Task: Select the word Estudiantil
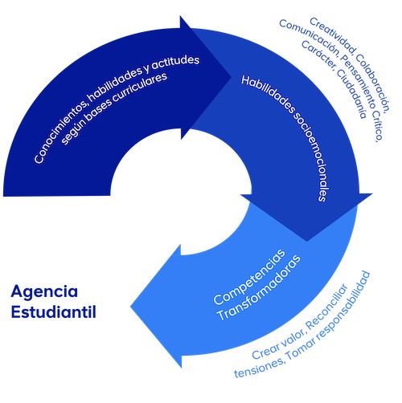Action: click(x=54, y=312)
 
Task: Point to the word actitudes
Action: click(x=175, y=63)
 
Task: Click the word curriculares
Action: click(x=139, y=88)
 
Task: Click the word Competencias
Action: click(x=249, y=276)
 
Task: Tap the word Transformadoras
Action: click(x=260, y=288)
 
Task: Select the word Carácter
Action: click(x=318, y=55)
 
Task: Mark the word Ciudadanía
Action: click(x=351, y=93)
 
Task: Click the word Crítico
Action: click(x=378, y=128)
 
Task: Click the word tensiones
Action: click(x=260, y=367)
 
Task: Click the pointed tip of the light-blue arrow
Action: click(x=130, y=307)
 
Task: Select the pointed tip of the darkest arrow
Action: click(x=231, y=77)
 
